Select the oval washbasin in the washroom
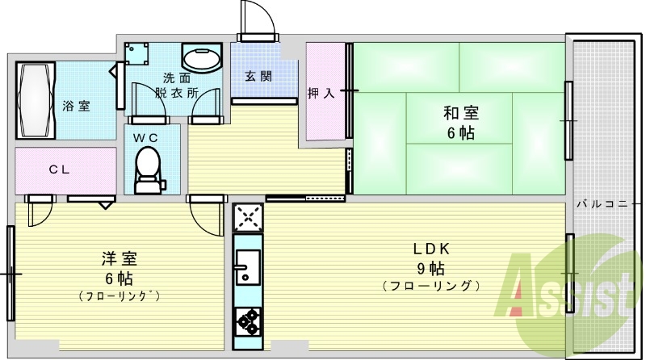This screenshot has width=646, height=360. (x=200, y=60)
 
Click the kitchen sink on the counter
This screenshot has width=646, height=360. (x=246, y=266)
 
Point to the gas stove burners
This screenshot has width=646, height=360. (x=246, y=321)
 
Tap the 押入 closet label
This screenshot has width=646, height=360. (x=321, y=93)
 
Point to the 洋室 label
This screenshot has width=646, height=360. (x=119, y=259)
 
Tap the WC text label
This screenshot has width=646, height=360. (x=145, y=137)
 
